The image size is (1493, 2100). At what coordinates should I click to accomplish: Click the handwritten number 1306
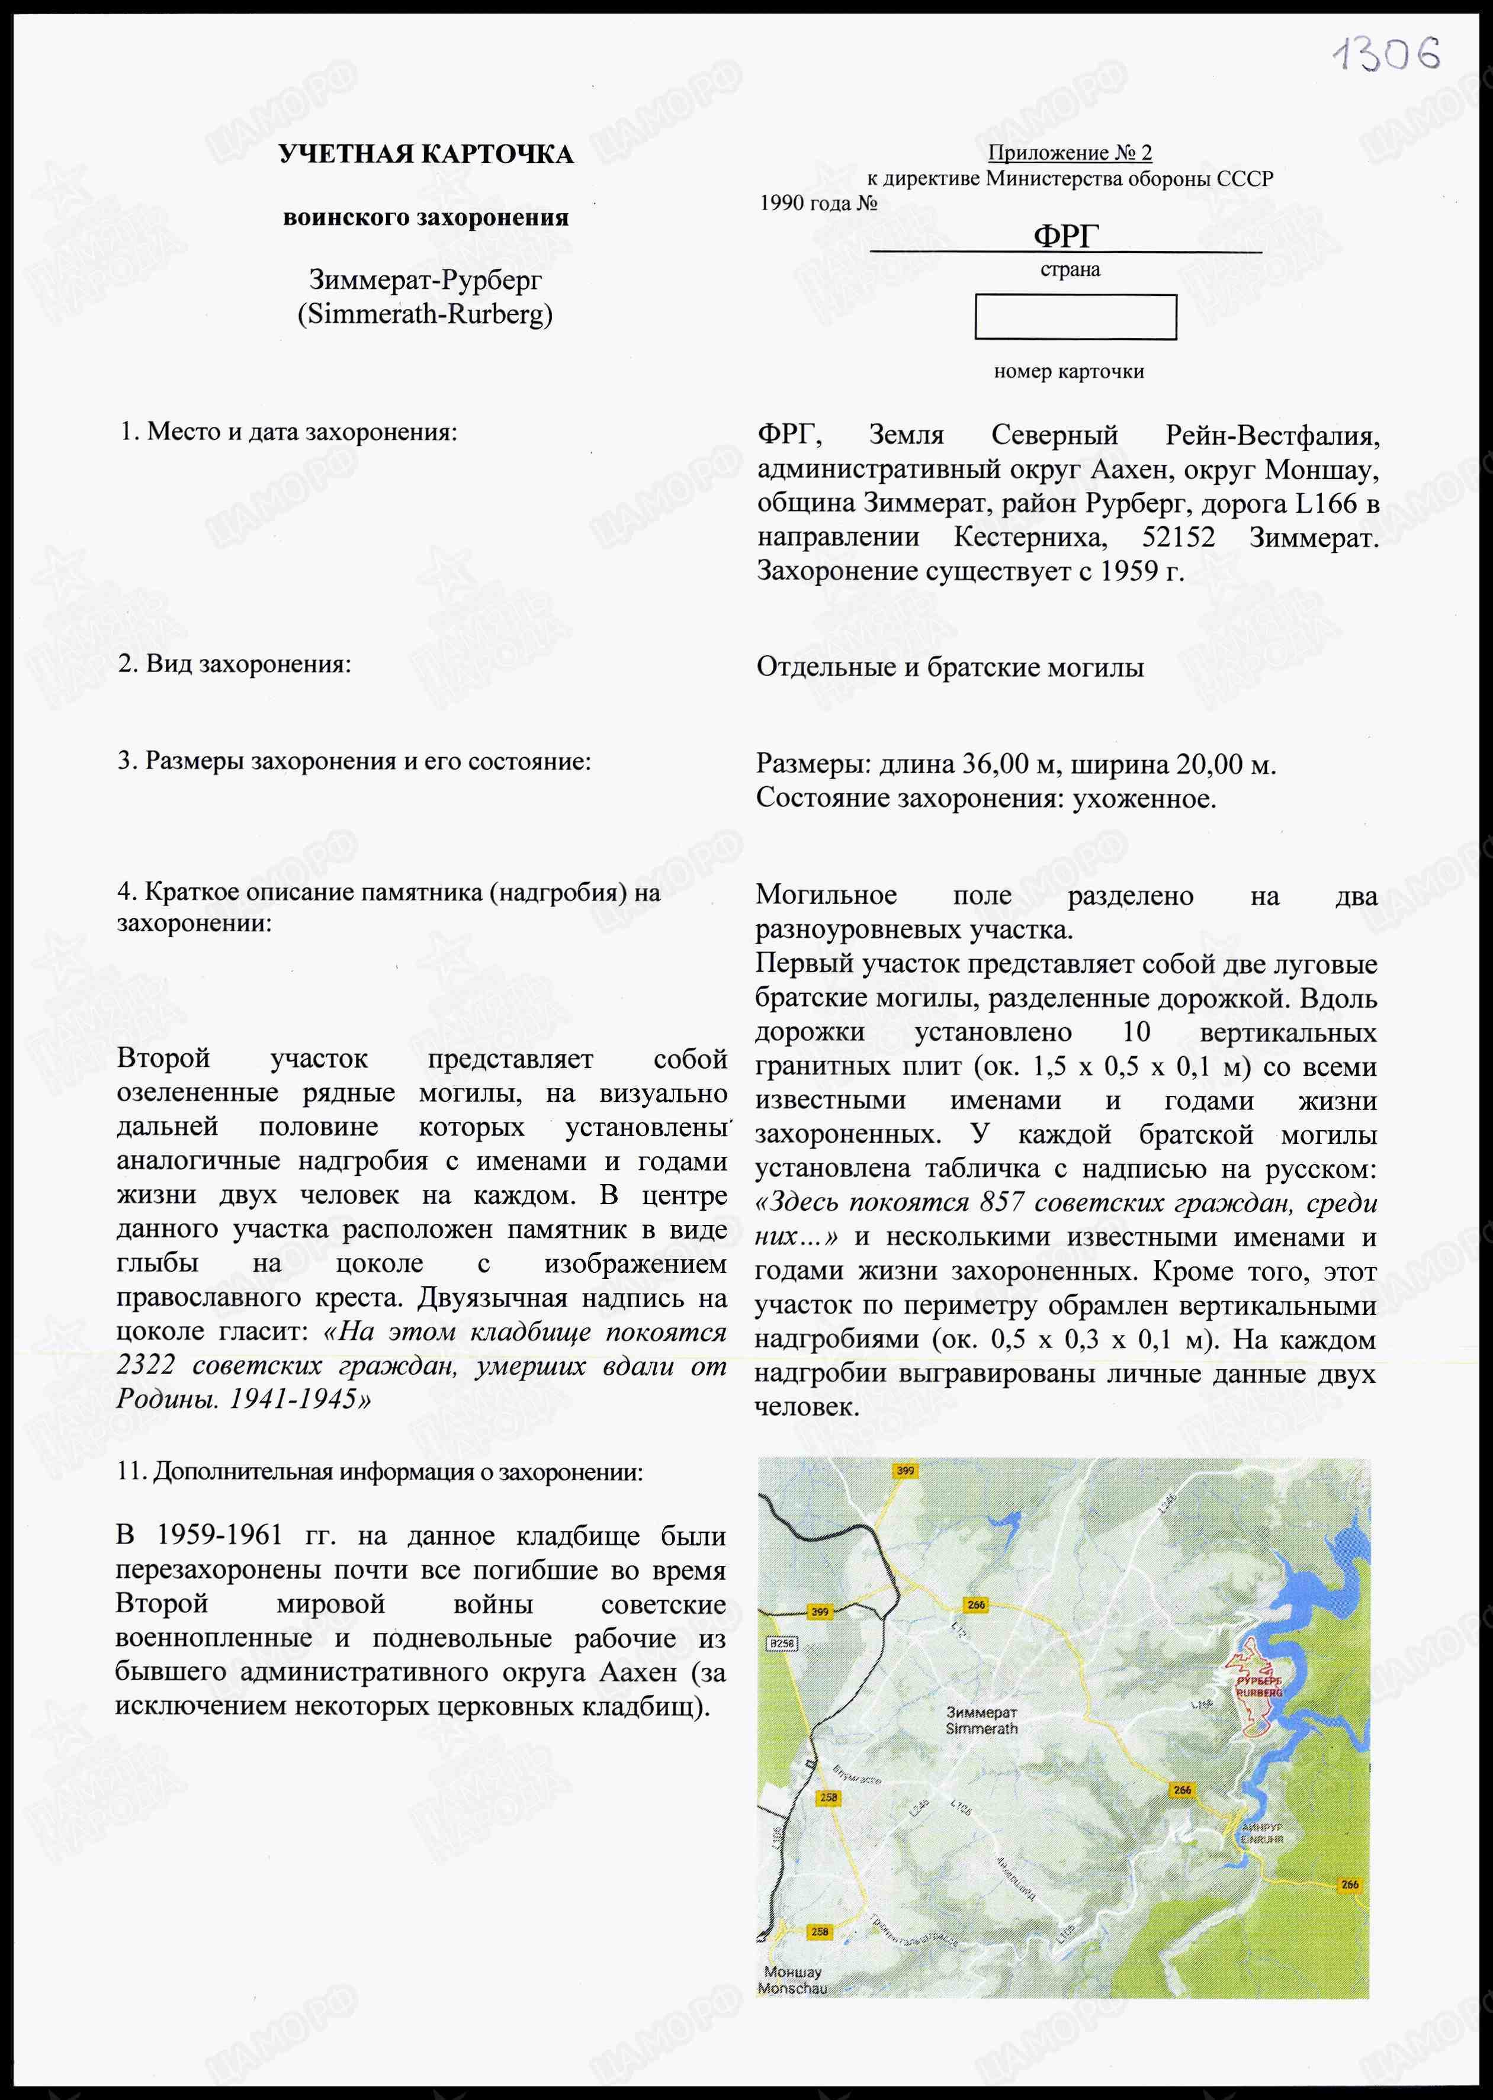(1386, 55)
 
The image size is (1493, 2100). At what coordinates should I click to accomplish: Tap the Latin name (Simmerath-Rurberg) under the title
(425, 314)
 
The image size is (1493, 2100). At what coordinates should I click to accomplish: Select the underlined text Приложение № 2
(1069, 153)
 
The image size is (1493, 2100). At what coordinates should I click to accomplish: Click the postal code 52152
(1178, 537)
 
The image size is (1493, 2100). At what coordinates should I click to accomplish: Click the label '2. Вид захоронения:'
(235, 664)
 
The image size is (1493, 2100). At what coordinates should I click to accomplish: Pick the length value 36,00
(995, 764)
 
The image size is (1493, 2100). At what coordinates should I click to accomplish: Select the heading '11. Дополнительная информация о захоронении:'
(380, 1471)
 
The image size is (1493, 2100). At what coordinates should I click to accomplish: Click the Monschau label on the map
(792, 1988)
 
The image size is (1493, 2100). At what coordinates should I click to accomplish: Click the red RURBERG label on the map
(1258, 1692)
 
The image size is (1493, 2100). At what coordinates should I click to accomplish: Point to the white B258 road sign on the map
(782, 1642)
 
